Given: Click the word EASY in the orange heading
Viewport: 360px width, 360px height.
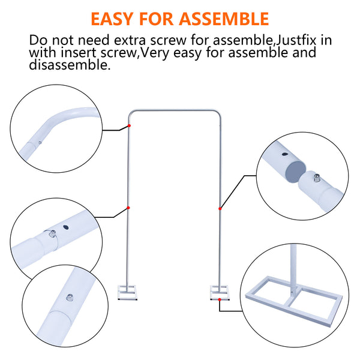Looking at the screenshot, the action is point(112,19).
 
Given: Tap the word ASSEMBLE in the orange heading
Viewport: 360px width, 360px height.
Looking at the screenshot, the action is point(224,19).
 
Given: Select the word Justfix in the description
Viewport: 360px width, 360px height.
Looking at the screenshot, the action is point(296,40).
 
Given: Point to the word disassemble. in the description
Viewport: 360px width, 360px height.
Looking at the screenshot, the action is point(70,65).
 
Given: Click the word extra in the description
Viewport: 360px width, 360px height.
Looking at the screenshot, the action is point(130,40).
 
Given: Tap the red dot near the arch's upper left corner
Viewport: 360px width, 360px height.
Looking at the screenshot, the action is point(129,125).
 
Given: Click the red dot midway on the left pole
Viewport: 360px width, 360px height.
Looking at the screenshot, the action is point(128,208).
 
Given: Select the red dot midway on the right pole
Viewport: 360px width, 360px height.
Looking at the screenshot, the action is point(220,208).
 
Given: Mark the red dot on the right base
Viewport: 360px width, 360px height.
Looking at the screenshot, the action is point(220,299).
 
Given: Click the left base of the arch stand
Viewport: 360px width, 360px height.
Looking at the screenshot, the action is point(128,293).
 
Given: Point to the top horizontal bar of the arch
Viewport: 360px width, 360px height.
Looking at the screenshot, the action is point(175,111).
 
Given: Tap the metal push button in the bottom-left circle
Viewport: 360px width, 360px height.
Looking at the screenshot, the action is point(70,298).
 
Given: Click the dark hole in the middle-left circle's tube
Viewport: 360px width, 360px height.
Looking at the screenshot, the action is point(66,227).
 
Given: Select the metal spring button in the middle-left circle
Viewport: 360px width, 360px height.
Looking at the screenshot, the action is point(53,233).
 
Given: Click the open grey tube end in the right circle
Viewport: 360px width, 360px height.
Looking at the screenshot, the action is point(296,172).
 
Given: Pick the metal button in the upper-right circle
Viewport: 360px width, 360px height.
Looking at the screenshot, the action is point(317,178).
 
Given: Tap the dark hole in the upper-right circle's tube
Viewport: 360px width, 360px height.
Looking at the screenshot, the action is point(284,154).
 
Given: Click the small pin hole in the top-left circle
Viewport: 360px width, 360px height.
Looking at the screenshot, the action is point(40,143).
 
